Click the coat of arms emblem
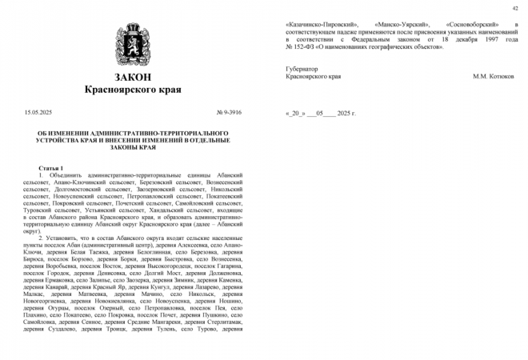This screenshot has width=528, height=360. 132,45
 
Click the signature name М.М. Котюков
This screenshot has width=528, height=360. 494,77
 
